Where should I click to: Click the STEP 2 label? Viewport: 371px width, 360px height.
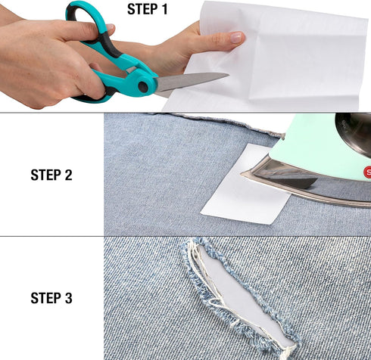(x=51, y=175)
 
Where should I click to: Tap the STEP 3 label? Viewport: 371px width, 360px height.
(x=51, y=299)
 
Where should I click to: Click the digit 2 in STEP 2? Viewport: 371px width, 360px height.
(x=69, y=175)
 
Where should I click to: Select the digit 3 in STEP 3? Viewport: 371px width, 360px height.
(x=69, y=299)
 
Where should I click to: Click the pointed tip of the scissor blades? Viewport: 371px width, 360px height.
(x=227, y=74)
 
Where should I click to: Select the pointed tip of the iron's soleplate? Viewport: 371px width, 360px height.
(x=244, y=175)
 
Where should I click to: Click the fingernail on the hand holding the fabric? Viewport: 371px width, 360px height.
(x=236, y=37)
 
